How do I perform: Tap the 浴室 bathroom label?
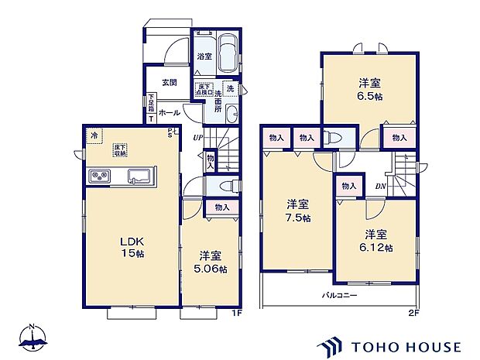[x=204, y=57]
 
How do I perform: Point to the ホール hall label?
[x=169, y=113]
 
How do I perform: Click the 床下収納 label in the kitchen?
[x=121, y=148]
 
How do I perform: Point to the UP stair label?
[x=198, y=138]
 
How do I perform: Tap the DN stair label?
[x=382, y=186]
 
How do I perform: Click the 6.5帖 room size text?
[x=367, y=97]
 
